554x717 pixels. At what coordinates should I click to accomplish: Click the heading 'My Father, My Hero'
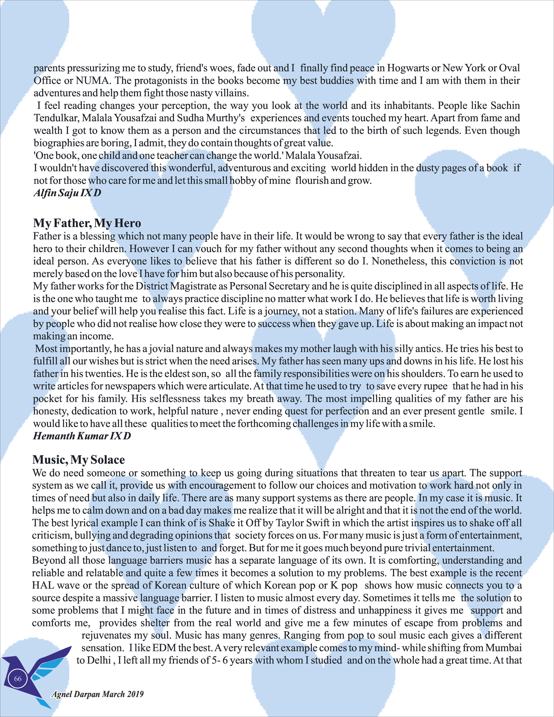coord(87,223)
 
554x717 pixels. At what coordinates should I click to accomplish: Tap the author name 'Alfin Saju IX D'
coord(67,193)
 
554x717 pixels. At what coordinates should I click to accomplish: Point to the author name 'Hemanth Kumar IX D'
coord(82,436)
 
